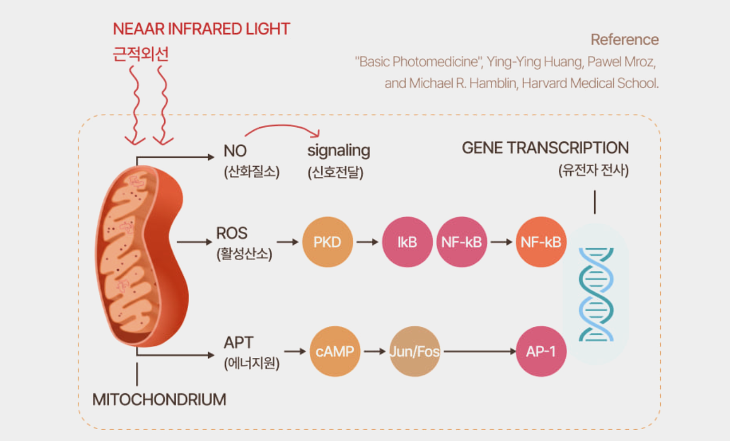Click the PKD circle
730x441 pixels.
327,242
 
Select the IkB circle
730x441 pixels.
407,242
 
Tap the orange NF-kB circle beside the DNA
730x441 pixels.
540,242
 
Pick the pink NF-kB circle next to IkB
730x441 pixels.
461,242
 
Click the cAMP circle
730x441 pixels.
335,351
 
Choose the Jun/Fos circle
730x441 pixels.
414,351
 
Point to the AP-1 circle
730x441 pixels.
541,351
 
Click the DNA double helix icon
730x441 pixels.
596,294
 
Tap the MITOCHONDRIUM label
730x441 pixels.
159,400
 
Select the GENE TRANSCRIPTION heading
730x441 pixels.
545,148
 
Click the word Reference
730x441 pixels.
625,40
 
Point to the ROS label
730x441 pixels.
232,234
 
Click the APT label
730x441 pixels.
239,343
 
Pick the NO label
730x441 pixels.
235,151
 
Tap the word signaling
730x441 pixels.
339,150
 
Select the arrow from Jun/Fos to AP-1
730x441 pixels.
478,351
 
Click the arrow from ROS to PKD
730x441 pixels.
288,242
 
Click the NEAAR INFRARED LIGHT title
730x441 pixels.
201,29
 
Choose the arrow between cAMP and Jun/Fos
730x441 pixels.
375,351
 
